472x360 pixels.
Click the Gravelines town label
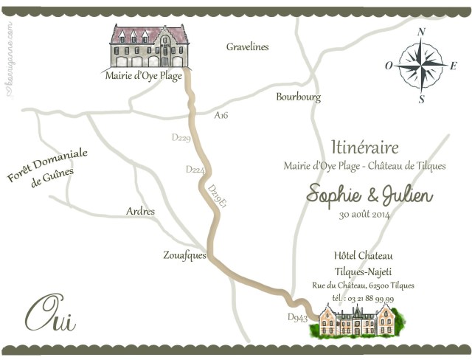247,47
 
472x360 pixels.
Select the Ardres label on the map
141,212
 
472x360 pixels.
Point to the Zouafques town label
184,256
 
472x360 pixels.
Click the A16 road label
221,116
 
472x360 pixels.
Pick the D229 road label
180,138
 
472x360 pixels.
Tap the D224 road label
195,170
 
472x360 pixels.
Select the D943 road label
296,318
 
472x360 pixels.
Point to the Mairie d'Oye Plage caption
144,75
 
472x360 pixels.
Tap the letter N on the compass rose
422,32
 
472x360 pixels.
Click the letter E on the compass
454,65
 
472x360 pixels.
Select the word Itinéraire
365,148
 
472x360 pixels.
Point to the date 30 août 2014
364,215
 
